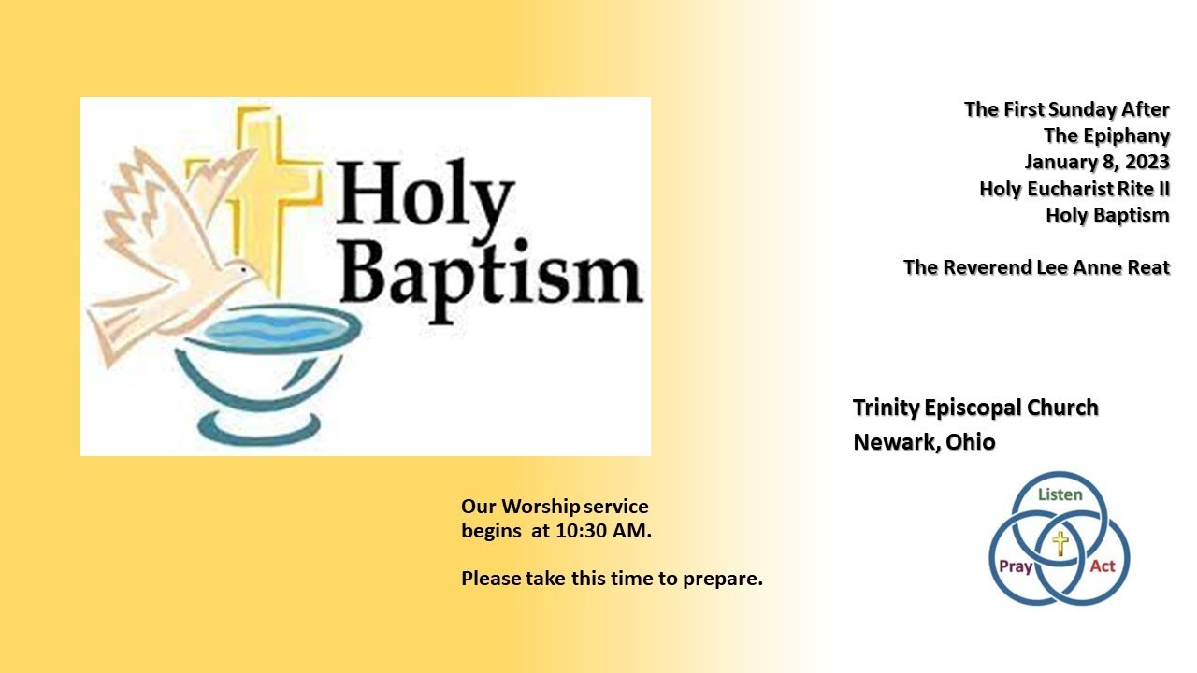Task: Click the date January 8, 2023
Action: click(1097, 162)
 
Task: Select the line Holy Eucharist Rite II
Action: click(1074, 189)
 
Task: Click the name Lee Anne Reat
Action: click(1103, 267)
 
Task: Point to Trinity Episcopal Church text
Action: click(975, 408)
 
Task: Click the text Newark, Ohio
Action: click(924, 441)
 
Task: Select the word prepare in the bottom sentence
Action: click(723, 579)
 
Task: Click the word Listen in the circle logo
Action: click(1060, 494)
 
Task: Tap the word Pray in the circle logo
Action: click(1016, 566)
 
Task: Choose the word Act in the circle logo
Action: click(1103, 566)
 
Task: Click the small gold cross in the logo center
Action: click(1060, 543)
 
